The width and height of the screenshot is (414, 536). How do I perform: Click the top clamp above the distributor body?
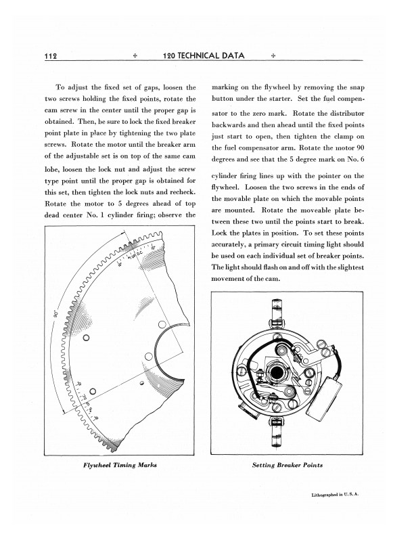(x=277, y=312)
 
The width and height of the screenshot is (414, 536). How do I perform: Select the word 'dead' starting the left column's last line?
(x=53, y=215)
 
